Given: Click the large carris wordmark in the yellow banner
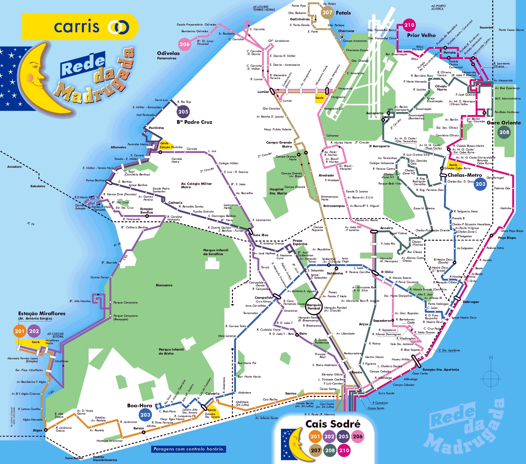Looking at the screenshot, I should (77, 27).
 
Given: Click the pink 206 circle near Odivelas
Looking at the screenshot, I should (184, 44).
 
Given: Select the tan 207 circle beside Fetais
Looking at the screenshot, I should (327, 13).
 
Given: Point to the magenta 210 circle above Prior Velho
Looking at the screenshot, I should (409, 25).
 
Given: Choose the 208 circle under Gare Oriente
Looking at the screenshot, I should (504, 132).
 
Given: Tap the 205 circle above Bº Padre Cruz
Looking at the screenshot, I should (183, 112).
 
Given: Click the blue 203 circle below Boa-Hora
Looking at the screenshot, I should (145, 415).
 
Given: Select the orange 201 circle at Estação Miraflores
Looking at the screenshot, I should (20, 331).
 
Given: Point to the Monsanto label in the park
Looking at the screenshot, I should (164, 285).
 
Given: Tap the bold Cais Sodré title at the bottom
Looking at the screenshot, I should (333, 424).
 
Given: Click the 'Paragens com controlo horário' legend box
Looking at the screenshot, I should (189, 449).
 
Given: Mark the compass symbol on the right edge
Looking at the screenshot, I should (491, 375).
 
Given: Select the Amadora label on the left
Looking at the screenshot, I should (14, 167).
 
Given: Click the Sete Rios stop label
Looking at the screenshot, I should (260, 235).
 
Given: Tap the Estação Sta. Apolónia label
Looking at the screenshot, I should (440, 369).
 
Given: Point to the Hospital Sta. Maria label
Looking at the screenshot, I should (278, 191).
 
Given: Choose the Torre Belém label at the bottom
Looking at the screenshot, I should (74, 458).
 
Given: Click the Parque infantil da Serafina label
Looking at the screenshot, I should (216, 252).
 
